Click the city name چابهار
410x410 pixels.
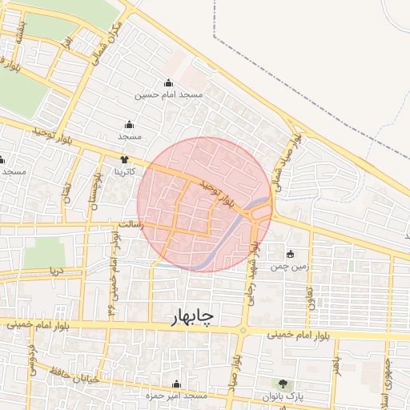[192, 317]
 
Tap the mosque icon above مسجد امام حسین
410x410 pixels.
[168, 82]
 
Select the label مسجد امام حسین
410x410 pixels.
[170, 95]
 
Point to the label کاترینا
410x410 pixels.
[130, 171]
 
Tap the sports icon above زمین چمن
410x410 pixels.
[290, 254]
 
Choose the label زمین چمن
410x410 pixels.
[290, 266]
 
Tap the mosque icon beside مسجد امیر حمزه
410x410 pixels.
[177, 384]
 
